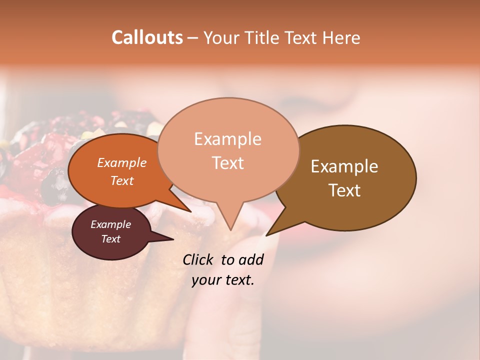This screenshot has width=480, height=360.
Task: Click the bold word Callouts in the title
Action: pyautogui.click(x=147, y=37)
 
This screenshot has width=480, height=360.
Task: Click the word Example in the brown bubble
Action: pyautogui.click(x=344, y=166)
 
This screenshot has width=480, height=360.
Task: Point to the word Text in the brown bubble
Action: pyautogui.click(x=344, y=190)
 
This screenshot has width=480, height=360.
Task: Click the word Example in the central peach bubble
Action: pyautogui.click(x=227, y=139)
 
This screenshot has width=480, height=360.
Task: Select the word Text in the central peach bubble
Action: pyautogui.click(x=227, y=163)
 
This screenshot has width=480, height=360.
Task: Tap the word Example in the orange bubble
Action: pyautogui.click(x=122, y=162)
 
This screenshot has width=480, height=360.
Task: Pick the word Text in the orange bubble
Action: pyautogui.click(x=122, y=180)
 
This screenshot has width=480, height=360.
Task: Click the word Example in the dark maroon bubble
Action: pyautogui.click(x=110, y=224)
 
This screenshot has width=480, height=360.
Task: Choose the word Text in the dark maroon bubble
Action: pyautogui.click(x=110, y=239)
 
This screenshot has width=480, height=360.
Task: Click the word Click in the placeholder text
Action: pyautogui.click(x=199, y=259)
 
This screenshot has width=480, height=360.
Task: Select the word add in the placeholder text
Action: pyautogui.click(x=251, y=259)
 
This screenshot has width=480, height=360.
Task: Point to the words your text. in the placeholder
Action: pyautogui.click(x=223, y=280)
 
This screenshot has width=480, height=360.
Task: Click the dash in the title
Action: pyautogui.click(x=193, y=38)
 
